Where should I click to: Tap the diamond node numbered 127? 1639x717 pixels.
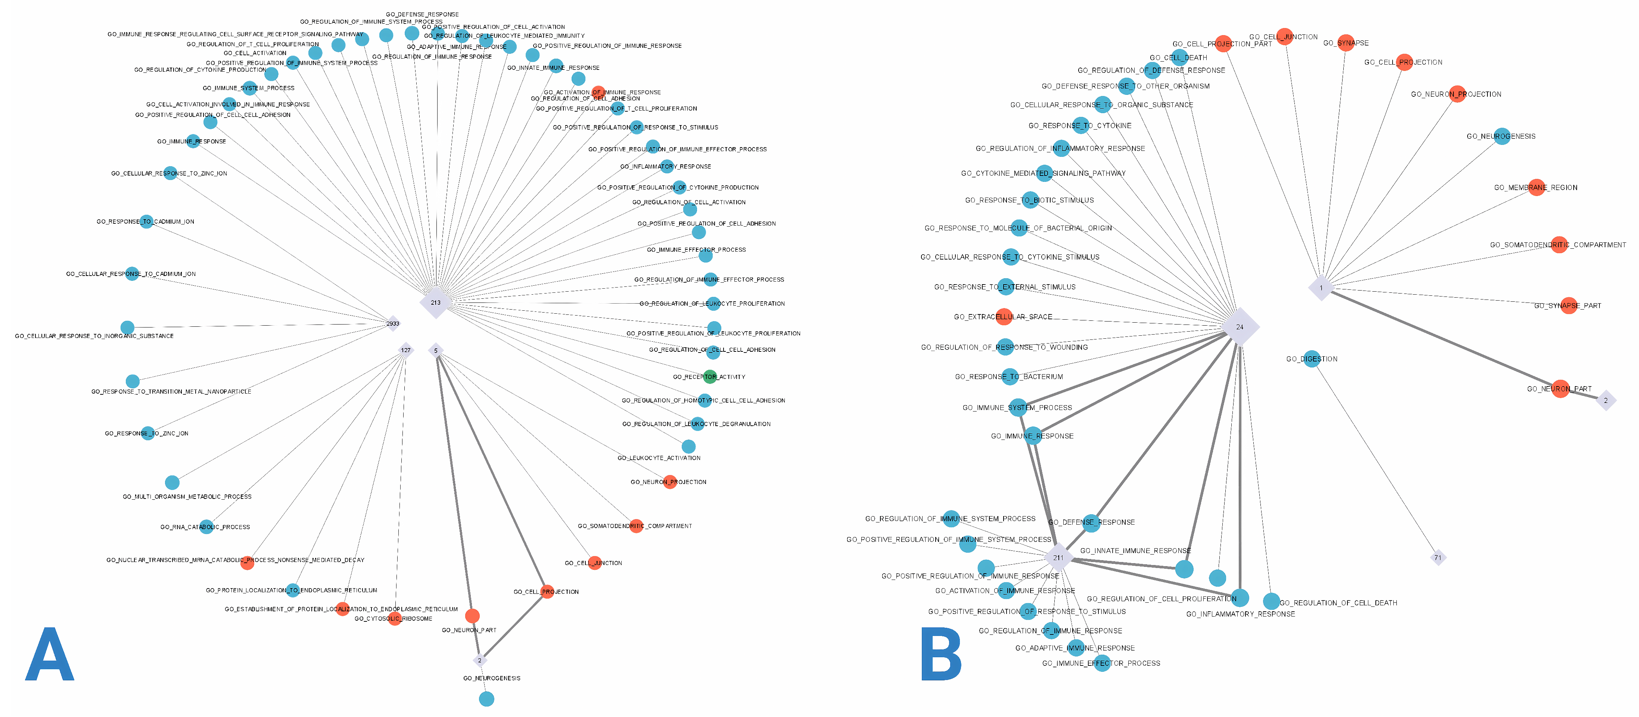coord(405,350)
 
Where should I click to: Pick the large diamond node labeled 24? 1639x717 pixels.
coord(1240,327)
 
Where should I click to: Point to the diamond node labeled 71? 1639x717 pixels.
coord(1438,558)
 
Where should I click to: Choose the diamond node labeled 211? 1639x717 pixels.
coord(1058,558)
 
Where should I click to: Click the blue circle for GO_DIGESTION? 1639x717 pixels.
coord(1311,359)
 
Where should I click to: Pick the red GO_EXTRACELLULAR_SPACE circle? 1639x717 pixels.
coord(1004,316)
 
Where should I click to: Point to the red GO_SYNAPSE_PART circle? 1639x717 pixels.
coord(1569,305)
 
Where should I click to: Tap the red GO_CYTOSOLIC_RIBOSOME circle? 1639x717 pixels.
coord(395,618)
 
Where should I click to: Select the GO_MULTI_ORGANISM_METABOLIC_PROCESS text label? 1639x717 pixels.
coord(187,497)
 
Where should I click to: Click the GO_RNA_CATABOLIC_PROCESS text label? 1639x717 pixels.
coord(205,527)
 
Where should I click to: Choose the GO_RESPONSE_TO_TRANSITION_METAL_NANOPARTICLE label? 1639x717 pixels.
coord(171,392)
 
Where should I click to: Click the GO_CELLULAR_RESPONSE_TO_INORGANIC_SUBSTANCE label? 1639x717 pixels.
coord(94,336)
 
